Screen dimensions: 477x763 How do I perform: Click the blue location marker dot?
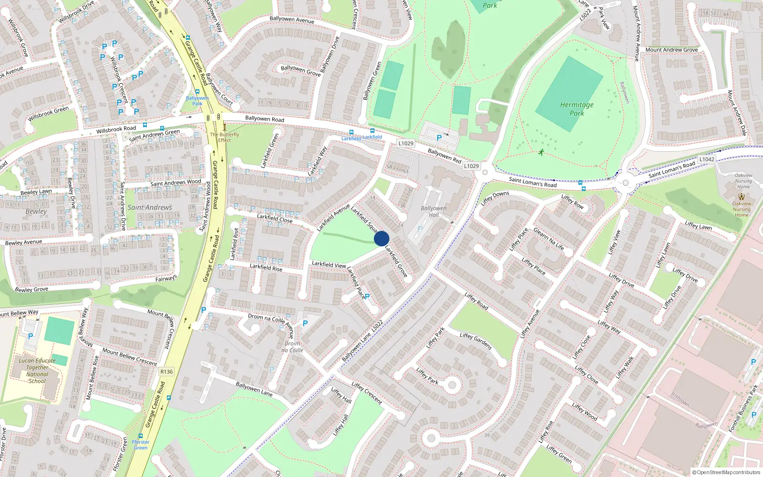point(381,238)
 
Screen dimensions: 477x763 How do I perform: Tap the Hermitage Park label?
point(577,109)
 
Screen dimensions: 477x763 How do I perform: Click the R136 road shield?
point(166,372)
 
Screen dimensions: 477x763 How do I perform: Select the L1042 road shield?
point(707,159)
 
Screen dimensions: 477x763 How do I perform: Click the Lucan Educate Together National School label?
point(37,371)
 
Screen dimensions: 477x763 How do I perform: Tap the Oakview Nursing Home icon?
point(741,196)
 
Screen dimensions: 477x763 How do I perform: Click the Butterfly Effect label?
point(225,137)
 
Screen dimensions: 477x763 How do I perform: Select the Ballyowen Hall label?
point(433,211)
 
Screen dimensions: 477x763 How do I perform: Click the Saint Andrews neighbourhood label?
point(150,207)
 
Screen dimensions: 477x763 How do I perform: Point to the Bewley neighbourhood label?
point(36,211)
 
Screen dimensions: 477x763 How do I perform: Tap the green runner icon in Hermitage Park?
point(541,153)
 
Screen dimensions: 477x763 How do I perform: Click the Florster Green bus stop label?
point(141,445)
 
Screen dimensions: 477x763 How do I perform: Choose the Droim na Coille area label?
point(292,347)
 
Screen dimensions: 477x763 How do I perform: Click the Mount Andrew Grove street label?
point(671,50)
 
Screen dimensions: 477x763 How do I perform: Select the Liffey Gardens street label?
point(475,341)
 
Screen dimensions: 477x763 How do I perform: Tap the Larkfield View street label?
point(329,264)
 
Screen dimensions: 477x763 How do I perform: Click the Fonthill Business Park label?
point(743,409)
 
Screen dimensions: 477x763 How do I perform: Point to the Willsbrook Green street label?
point(48,114)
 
